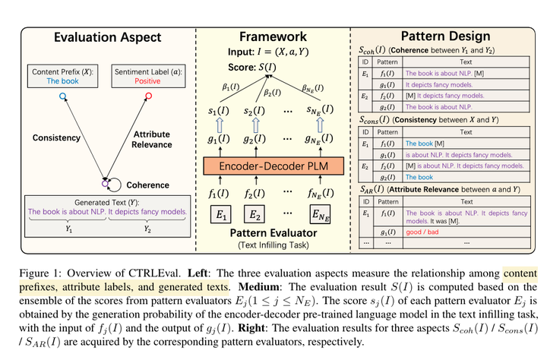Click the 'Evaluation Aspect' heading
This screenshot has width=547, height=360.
107,36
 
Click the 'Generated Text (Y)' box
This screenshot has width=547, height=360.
106,211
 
